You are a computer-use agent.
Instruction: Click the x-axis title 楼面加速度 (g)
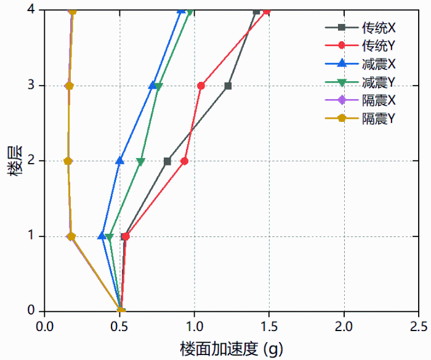point(232,349)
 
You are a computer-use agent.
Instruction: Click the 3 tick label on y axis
point(33,86)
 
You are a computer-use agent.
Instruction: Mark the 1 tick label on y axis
point(33,236)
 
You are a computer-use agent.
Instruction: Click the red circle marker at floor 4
point(267,10)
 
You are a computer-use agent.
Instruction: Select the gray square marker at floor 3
point(228,86)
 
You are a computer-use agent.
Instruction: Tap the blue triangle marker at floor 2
point(120,161)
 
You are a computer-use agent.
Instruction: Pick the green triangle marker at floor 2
point(140,162)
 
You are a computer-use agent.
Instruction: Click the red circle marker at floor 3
point(201,86)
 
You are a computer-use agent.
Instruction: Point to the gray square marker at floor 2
point(167,161)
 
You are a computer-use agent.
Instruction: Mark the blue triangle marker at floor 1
point(102,236)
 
